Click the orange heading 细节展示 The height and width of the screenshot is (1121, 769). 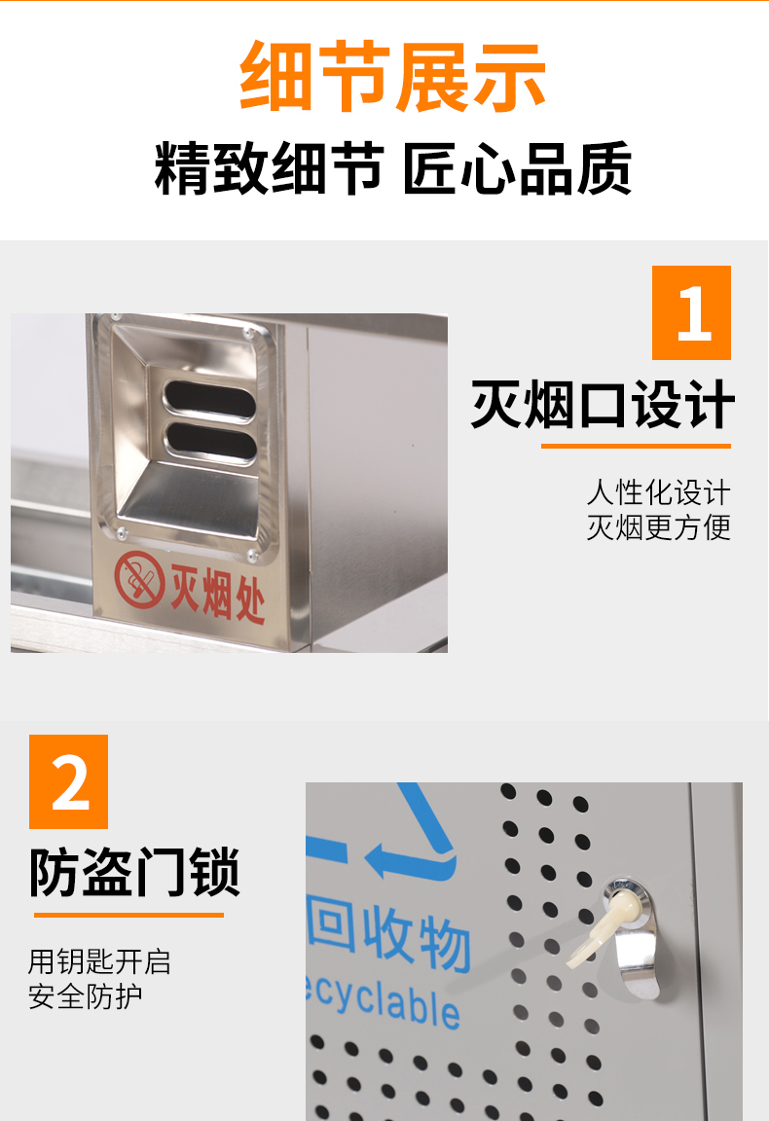[x=392, y=77]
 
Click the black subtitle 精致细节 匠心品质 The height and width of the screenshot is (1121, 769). [x=392, y=168]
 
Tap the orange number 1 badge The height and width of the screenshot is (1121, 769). [x=691, y=312]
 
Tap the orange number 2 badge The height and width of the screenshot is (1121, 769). [x=69, y=781]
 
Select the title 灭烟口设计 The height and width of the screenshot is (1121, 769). [x=603, y=405]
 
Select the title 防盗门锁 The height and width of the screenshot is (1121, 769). [x=133, y=872]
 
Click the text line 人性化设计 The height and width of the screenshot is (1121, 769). [x=659, y=492]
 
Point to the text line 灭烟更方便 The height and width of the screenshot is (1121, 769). [x=659, y=527]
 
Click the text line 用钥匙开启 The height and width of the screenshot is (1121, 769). [x=99, y=961]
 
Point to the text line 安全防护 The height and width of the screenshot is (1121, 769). [x=85, y=996]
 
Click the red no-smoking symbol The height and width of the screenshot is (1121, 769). [x=139, y=580]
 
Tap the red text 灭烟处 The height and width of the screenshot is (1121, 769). [x=217, y=594]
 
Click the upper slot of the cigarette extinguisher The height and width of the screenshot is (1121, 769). [x=209, y=399]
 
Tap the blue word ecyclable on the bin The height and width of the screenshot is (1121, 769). [x=383, y=1000]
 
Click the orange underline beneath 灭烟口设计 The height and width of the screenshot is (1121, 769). [x=636, y=446]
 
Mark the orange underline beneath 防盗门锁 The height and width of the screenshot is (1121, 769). [x=128, y=915]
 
